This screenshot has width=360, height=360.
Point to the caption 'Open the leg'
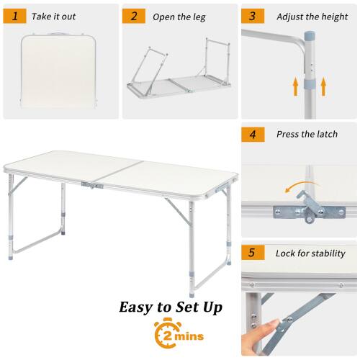tap(179, 16)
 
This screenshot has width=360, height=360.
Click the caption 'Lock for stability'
tap(310, 253)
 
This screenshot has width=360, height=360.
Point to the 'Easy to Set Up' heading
tap(171, 307)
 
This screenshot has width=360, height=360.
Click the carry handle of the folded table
tap(59, 32)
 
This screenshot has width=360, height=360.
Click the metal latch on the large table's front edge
tap(91, 185)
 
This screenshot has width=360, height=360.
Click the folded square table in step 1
tap(59, 72)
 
